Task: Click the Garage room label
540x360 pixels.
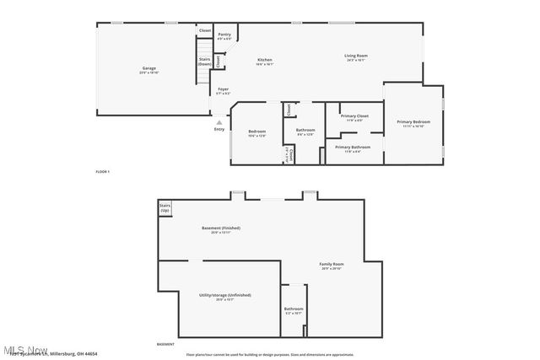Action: [148, 68]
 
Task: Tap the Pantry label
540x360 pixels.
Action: [224, 35]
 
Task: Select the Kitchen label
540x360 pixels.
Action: [265, 60]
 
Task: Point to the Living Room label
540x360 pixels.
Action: [355, 56]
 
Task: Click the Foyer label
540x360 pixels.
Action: [223, 89]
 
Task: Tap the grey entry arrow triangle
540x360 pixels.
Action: [219, 122]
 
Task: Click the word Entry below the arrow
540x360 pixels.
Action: [219, 129]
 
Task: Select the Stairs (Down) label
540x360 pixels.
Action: [204, 62]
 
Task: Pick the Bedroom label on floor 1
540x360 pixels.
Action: [256, 132]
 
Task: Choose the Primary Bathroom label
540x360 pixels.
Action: [354, 147]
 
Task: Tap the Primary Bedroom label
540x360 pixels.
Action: [413, 122]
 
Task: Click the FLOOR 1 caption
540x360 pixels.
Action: [102, 172]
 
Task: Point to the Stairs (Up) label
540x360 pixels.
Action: [165, 208]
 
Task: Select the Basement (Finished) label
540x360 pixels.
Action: [220, 228]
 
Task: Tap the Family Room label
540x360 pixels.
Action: [331, 265]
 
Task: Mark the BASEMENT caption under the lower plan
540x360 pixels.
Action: [165, 344]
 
